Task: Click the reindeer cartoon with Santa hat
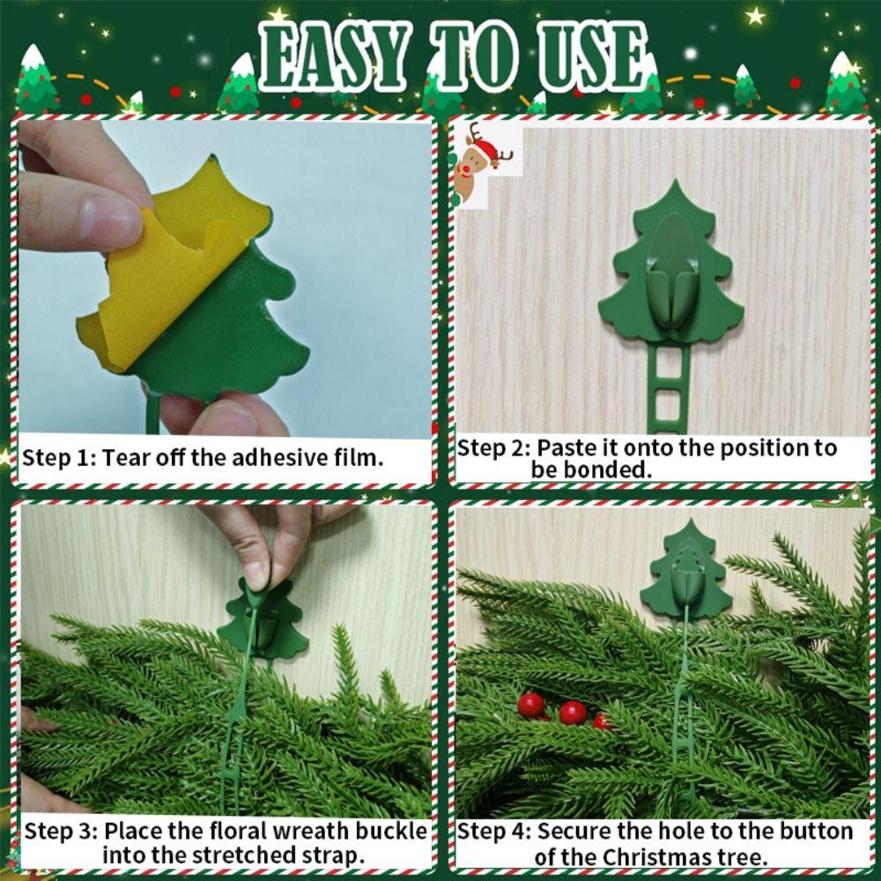pyautogui.click(x=480, y=163)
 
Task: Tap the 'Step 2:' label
pyautogui.click(x=494, y=448)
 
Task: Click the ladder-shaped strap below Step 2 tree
pyautogui.click(x=670, y=388)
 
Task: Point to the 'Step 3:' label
pyautogui.click(x=62, y=831)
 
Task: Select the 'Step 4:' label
pyautogui.click(x=495, y=831)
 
